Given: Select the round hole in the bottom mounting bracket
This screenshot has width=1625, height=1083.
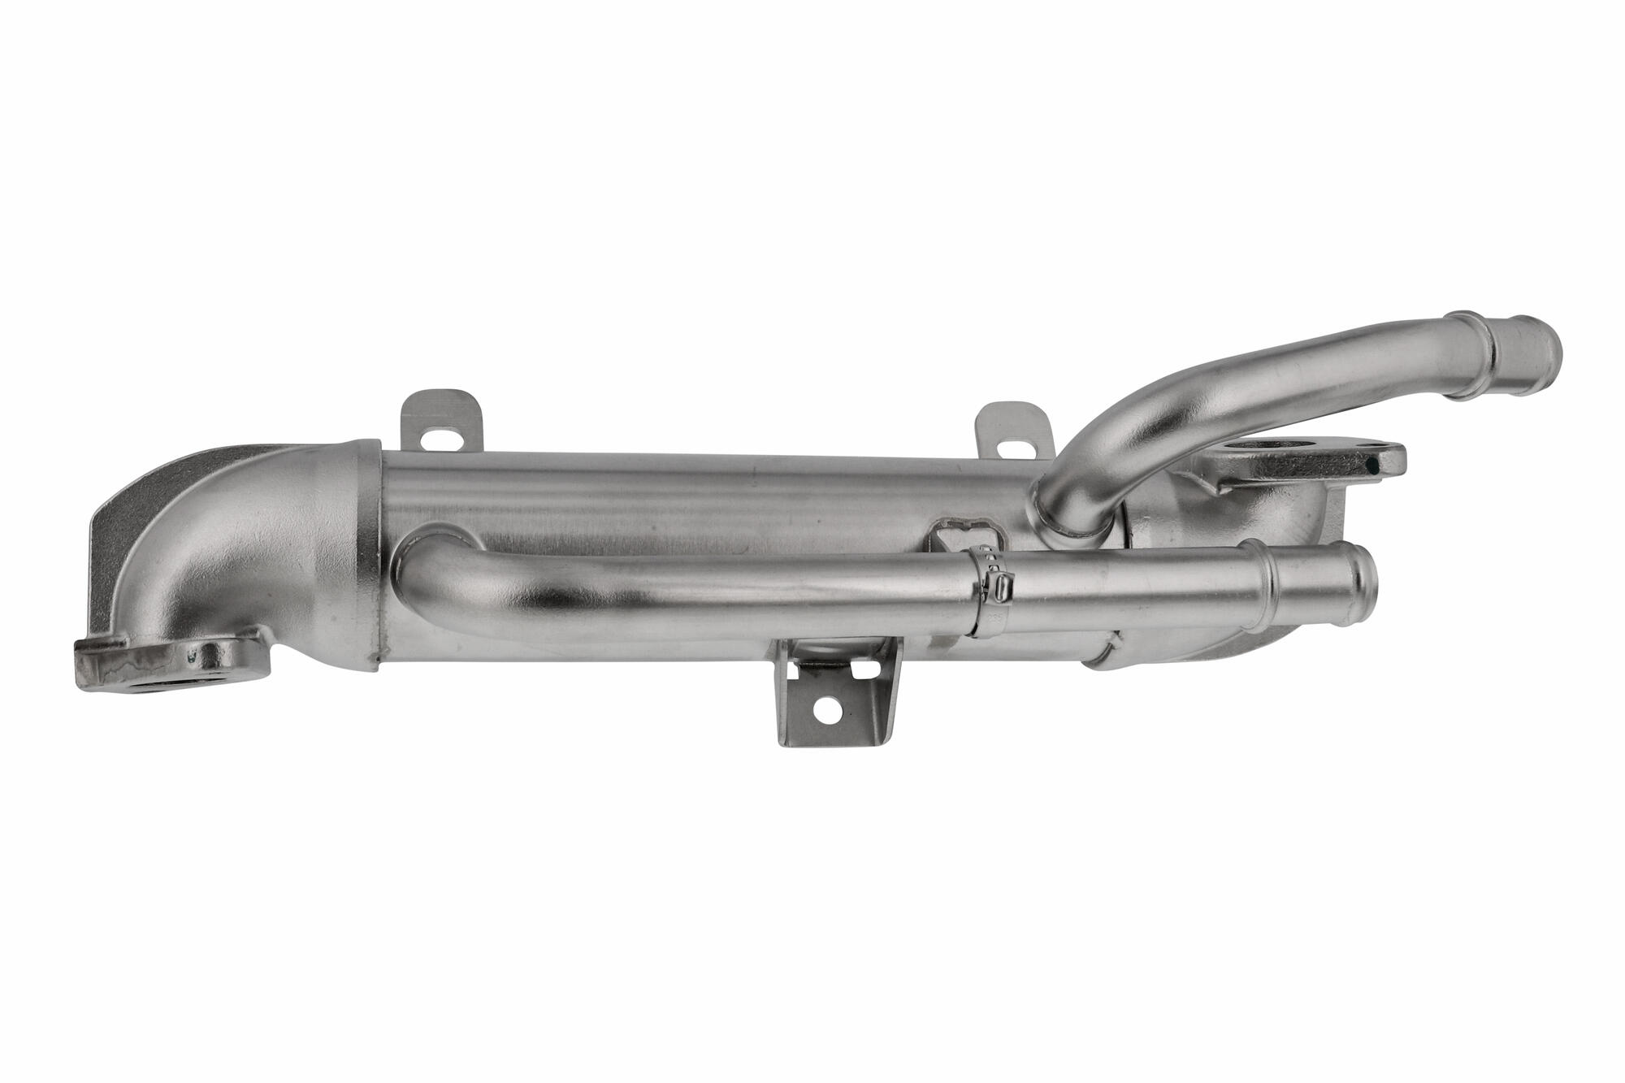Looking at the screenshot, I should point(829,709).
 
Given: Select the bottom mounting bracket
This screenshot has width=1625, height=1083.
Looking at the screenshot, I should point(837,691).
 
